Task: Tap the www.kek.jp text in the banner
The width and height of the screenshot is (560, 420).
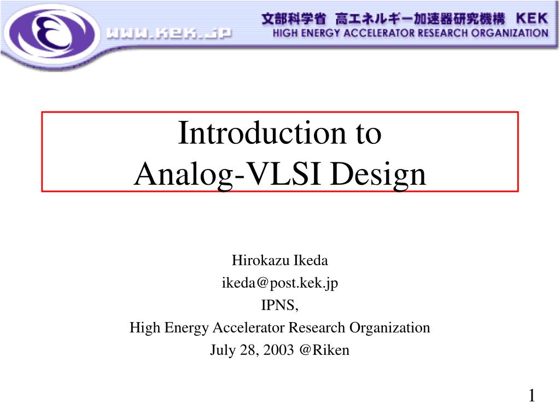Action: (169, 34)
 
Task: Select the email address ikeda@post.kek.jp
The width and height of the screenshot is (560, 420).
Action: (279, 283)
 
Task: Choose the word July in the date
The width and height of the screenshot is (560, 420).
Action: (222, 351)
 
